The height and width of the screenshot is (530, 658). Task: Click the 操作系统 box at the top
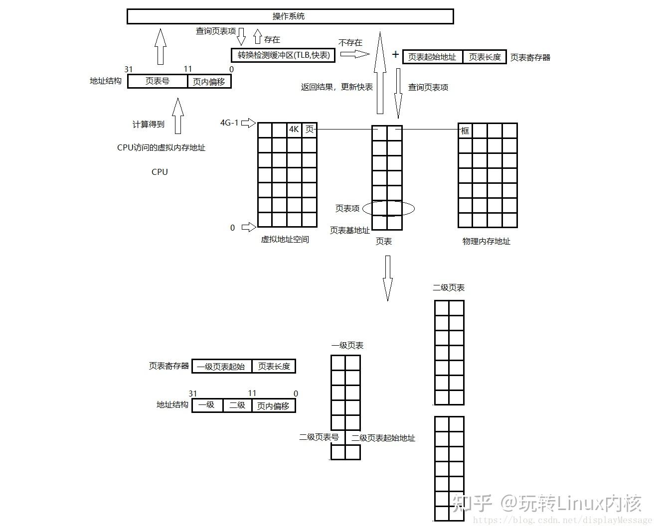point(290,16)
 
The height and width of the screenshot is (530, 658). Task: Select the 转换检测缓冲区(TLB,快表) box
point(283,55)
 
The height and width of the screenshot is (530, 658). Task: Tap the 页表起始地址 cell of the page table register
point(432,57)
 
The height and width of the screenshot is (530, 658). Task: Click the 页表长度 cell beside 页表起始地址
point(485,57)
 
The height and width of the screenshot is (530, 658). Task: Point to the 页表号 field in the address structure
point(157,81)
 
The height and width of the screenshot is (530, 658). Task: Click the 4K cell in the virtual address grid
point(294,130)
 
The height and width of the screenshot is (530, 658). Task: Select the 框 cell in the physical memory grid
point(465,131)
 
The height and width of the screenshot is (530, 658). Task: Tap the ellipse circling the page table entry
point(388,209)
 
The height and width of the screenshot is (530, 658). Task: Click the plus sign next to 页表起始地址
point(395,54)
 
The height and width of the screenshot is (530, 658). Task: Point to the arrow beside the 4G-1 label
point(248,123)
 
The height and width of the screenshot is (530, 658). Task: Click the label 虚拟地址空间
point(285,240)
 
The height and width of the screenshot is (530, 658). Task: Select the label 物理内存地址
point(486,242)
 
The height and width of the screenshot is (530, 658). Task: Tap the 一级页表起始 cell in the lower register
point(221,367)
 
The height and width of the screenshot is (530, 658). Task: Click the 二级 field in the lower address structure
point(237,405)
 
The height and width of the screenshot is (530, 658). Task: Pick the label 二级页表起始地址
point(383,438)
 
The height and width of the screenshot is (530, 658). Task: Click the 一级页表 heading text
point(347,346)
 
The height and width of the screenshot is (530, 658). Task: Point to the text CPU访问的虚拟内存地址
point(161,147)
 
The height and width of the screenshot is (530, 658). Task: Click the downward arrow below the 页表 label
point(387,278)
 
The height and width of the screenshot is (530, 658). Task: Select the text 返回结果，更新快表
point(336,87)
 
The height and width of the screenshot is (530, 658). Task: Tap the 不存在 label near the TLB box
point(350,43)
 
